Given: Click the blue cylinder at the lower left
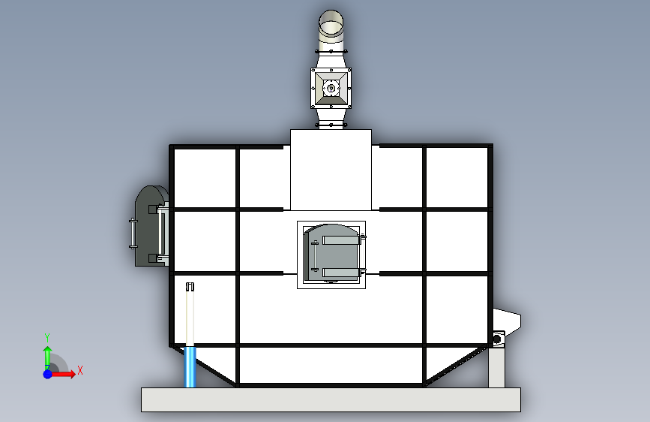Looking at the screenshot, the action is tap(190, 367).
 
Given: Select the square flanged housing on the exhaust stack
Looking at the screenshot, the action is tap(331, 89).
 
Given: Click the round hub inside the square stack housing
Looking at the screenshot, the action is tap(331, 88).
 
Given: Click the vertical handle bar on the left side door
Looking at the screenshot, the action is tap(133, 234).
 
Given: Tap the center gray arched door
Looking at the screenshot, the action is tap(331, 253).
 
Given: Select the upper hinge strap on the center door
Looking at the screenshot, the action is tap(341, 240).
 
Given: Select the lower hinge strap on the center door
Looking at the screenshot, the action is tap(341, 273).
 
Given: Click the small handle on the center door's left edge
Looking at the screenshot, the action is tap(315, 255).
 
